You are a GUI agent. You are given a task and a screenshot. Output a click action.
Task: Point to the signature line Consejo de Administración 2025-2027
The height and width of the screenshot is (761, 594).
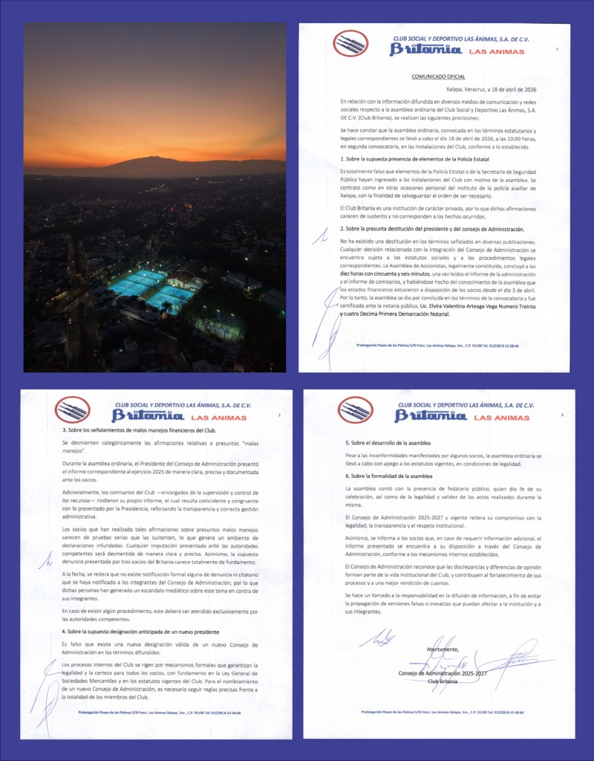(443, 673)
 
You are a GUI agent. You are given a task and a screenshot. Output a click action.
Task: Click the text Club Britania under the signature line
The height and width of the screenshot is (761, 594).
(443, 681)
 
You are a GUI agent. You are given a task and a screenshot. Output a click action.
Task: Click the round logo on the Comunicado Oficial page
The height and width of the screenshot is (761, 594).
(350, 43)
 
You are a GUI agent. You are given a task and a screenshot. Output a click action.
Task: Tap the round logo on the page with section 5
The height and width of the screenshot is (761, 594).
(355, 410)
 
